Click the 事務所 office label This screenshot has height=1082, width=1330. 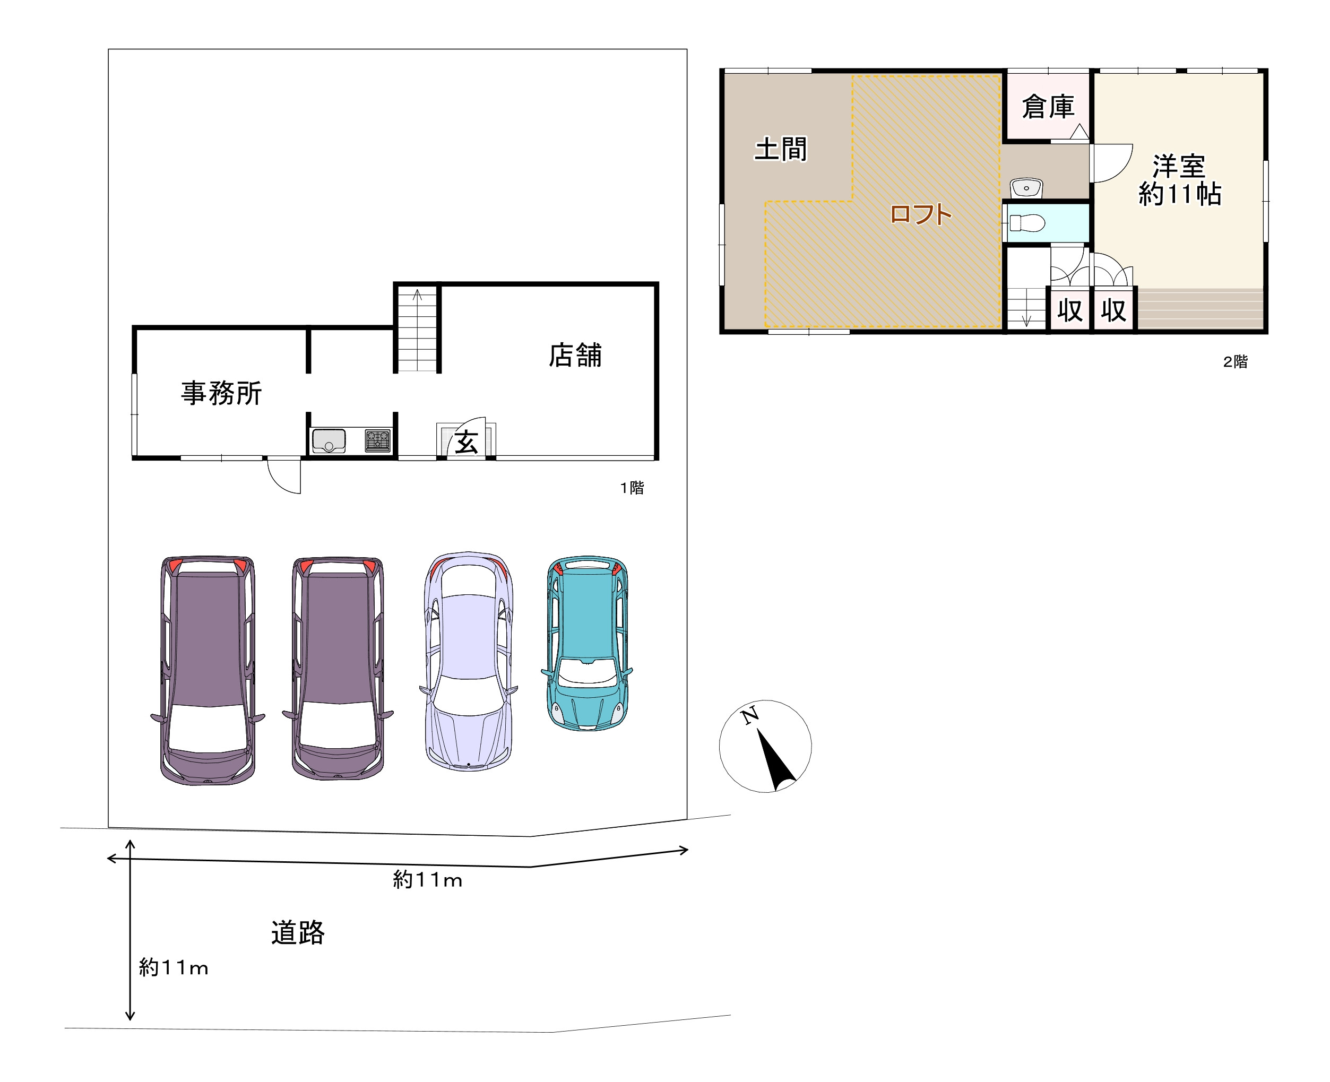(x=221, y=393)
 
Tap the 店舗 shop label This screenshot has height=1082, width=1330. (x=575, y=355)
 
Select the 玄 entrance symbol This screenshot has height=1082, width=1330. (x=466, y=443)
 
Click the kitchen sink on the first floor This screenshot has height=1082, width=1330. (x=329, y=440)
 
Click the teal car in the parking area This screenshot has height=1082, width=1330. (x=586, y=643)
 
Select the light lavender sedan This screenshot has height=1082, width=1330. (x=469, y=661)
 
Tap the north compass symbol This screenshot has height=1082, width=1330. (x=765, y=746)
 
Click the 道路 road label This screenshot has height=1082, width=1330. (x=297, y=932)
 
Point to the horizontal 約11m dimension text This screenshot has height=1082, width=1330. (x=428, y=880)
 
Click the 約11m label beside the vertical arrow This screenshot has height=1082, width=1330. (x=173, y=967)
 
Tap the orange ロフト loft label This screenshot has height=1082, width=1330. (x=920, y=214)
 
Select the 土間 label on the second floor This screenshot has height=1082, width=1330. (x=780, y=150)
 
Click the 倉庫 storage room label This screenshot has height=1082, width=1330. (x=1048, y=107)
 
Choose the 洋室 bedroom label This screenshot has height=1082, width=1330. (x=1179, y=167)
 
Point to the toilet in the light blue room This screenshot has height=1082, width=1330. (x=1027, y=222)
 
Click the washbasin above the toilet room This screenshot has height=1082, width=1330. (x=1026, y=187)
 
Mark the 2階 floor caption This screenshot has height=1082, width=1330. (x=1234, y=361)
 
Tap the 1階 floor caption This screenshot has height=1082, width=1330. (x=632, y=487)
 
